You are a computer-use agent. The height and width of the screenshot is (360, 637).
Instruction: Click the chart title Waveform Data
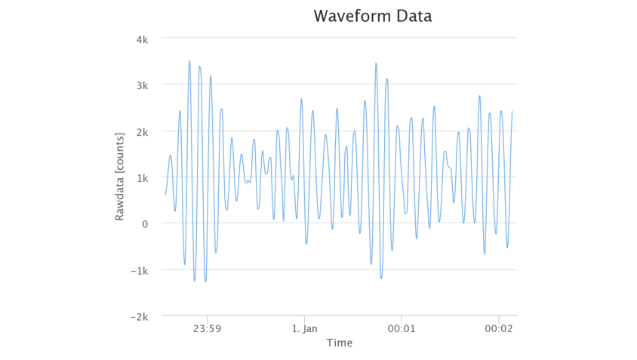[372, 16]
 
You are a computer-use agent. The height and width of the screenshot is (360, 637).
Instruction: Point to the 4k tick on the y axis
[141, 38]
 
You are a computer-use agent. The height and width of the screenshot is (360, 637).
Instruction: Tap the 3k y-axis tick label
[141, 85]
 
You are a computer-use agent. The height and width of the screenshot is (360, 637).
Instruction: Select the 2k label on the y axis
[141, 131]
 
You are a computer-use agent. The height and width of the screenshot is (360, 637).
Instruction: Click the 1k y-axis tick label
[141, 177]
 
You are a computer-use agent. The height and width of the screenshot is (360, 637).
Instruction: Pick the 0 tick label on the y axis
[144, 224]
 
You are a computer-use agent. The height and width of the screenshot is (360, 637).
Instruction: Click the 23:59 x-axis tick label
[207, 329]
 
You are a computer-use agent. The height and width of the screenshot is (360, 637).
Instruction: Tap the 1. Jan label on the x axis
[304, 329]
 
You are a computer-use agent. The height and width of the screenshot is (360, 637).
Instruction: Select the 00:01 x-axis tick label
[402, 329]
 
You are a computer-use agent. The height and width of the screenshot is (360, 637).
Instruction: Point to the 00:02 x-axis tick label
[499, 329]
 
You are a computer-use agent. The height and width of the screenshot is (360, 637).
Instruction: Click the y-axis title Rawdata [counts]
[119, 177]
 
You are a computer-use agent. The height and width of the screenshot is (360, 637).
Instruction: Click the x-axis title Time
[339, 343]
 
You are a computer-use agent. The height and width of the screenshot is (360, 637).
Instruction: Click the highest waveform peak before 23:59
[189, 61]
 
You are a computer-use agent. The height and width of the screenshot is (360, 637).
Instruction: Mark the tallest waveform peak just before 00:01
[376, 63]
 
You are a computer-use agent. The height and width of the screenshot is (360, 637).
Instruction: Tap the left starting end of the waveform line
[165, 195]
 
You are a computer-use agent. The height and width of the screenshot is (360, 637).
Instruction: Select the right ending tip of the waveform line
[512, 112]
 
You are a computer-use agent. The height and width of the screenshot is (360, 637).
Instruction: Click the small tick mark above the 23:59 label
[207, 318]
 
